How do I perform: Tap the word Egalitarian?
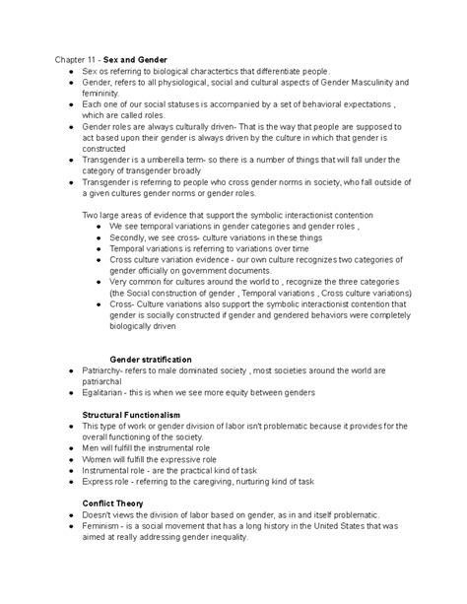[109, 392]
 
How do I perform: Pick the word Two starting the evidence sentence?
[92, 215]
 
